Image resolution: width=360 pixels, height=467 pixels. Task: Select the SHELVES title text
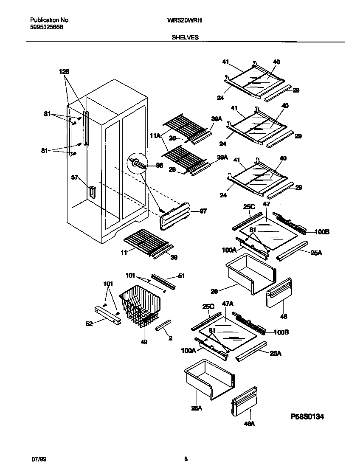(185, 37)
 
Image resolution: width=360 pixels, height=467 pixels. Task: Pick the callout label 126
(64, 71)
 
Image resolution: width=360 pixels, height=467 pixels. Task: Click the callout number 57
(75, 178)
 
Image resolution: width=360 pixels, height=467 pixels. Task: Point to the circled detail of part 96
(139, 163)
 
